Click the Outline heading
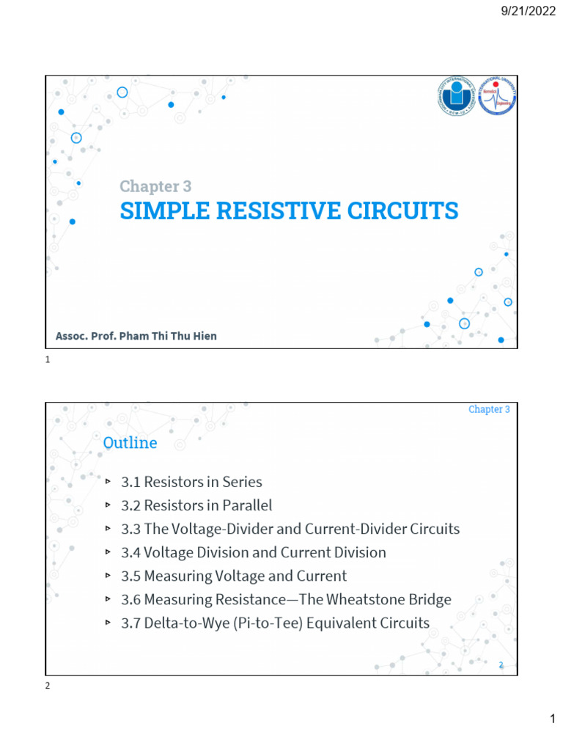click(x=130, y=443)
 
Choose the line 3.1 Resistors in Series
click(x=191, y=482)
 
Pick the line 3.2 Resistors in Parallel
click(x=196, y=505)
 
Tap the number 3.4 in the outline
click(x=131, y=552)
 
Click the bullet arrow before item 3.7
click(x=107, y=623)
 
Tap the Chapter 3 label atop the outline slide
click(x=489, y=409)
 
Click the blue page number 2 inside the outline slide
click(x=501, y=664)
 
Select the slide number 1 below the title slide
click(x=48, y=360)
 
